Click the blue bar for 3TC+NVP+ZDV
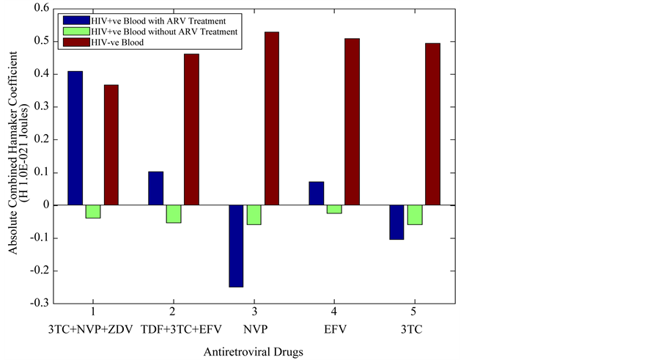(75, 138)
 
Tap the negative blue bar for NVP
(236, 246)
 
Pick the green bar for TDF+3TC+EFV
(174, 213)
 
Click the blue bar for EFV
(317, 194)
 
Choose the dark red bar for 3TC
(432, 125)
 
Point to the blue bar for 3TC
(396, 222)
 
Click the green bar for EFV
(334, 209)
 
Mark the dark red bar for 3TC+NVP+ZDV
(111, 145)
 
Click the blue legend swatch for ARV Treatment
(76, 20)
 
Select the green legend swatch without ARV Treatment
(76, 31)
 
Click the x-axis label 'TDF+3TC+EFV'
(173, 328)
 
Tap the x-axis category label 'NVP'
(254, 328)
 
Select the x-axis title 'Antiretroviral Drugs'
(254, 352)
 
